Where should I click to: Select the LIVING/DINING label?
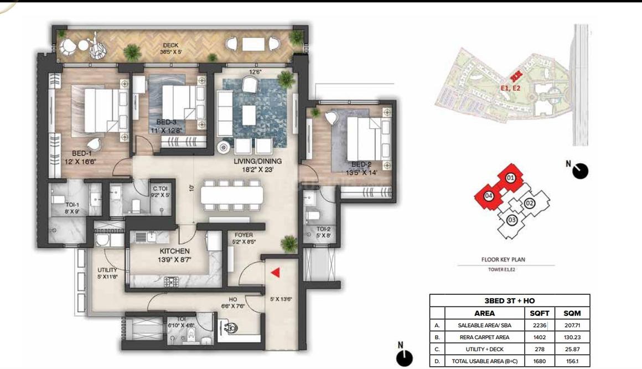pos(257,161)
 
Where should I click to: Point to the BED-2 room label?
pos(361,164)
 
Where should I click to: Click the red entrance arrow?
pos(275,272)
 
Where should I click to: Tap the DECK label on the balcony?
pos(170,45)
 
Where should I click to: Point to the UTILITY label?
pos(107,270)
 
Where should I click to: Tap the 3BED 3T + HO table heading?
pos(509,300)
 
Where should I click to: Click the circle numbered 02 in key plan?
pos(529,203)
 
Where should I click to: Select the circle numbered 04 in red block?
pos(489,195)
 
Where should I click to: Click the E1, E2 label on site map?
pos(510,87)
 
